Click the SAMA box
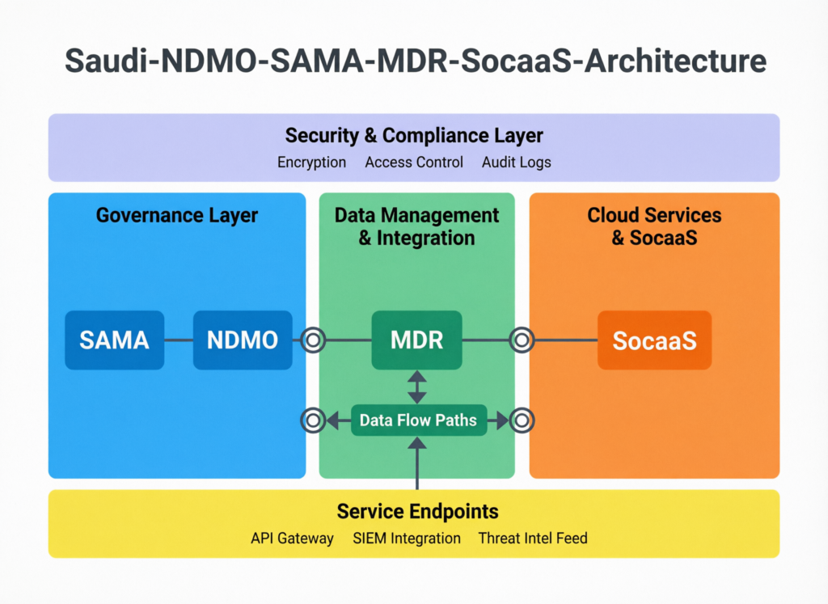point(114,340)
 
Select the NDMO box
point(243,340)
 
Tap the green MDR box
point(416,340)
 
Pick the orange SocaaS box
point(654,340)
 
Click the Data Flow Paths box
point(418,420)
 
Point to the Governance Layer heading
point(176,215)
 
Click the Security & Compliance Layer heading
point(414,135)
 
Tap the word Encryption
point(311,163)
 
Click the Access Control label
point(414,163)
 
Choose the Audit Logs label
point(516,163)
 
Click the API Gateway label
point(292,539)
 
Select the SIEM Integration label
point(407,539)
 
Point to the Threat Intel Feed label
point(532,539)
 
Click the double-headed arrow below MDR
point(416,386)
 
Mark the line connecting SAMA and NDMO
point(178,340)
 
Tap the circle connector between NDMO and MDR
point(313,340)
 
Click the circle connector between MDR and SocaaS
point(522,340)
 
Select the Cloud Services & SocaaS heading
point(654,226)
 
